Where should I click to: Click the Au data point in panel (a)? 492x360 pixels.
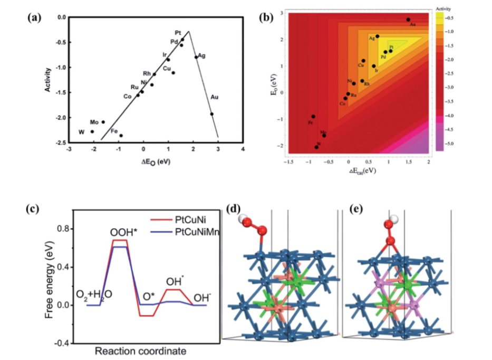pos(212,113)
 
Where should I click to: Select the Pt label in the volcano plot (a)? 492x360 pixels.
pos(178,33)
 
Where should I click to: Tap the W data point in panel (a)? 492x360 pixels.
pos(92,131)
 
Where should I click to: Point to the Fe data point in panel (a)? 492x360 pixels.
pos(121,136)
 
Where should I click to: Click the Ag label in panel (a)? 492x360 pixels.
pos(201,55)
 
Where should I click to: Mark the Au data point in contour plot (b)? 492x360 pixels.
pos(408,20)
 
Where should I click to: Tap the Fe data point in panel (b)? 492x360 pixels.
pos(313,116)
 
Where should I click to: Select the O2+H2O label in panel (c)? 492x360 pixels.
pos(93,294)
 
